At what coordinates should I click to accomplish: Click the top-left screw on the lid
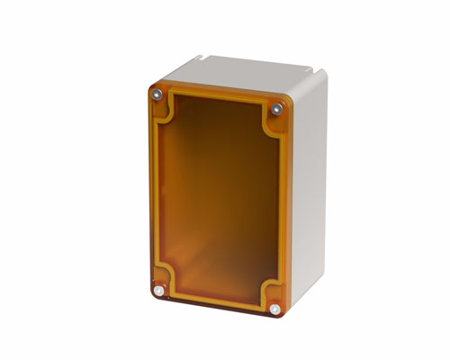[x=157, y=94]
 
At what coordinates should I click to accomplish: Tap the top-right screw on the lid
[x=276, y=109]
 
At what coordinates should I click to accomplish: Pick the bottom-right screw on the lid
[x=274, y=310]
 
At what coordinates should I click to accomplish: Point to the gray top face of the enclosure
[x=238, y=72]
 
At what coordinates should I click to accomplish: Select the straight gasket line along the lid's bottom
[x=216, y=294]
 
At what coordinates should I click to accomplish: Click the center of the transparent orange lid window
[x=218, y=198]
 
